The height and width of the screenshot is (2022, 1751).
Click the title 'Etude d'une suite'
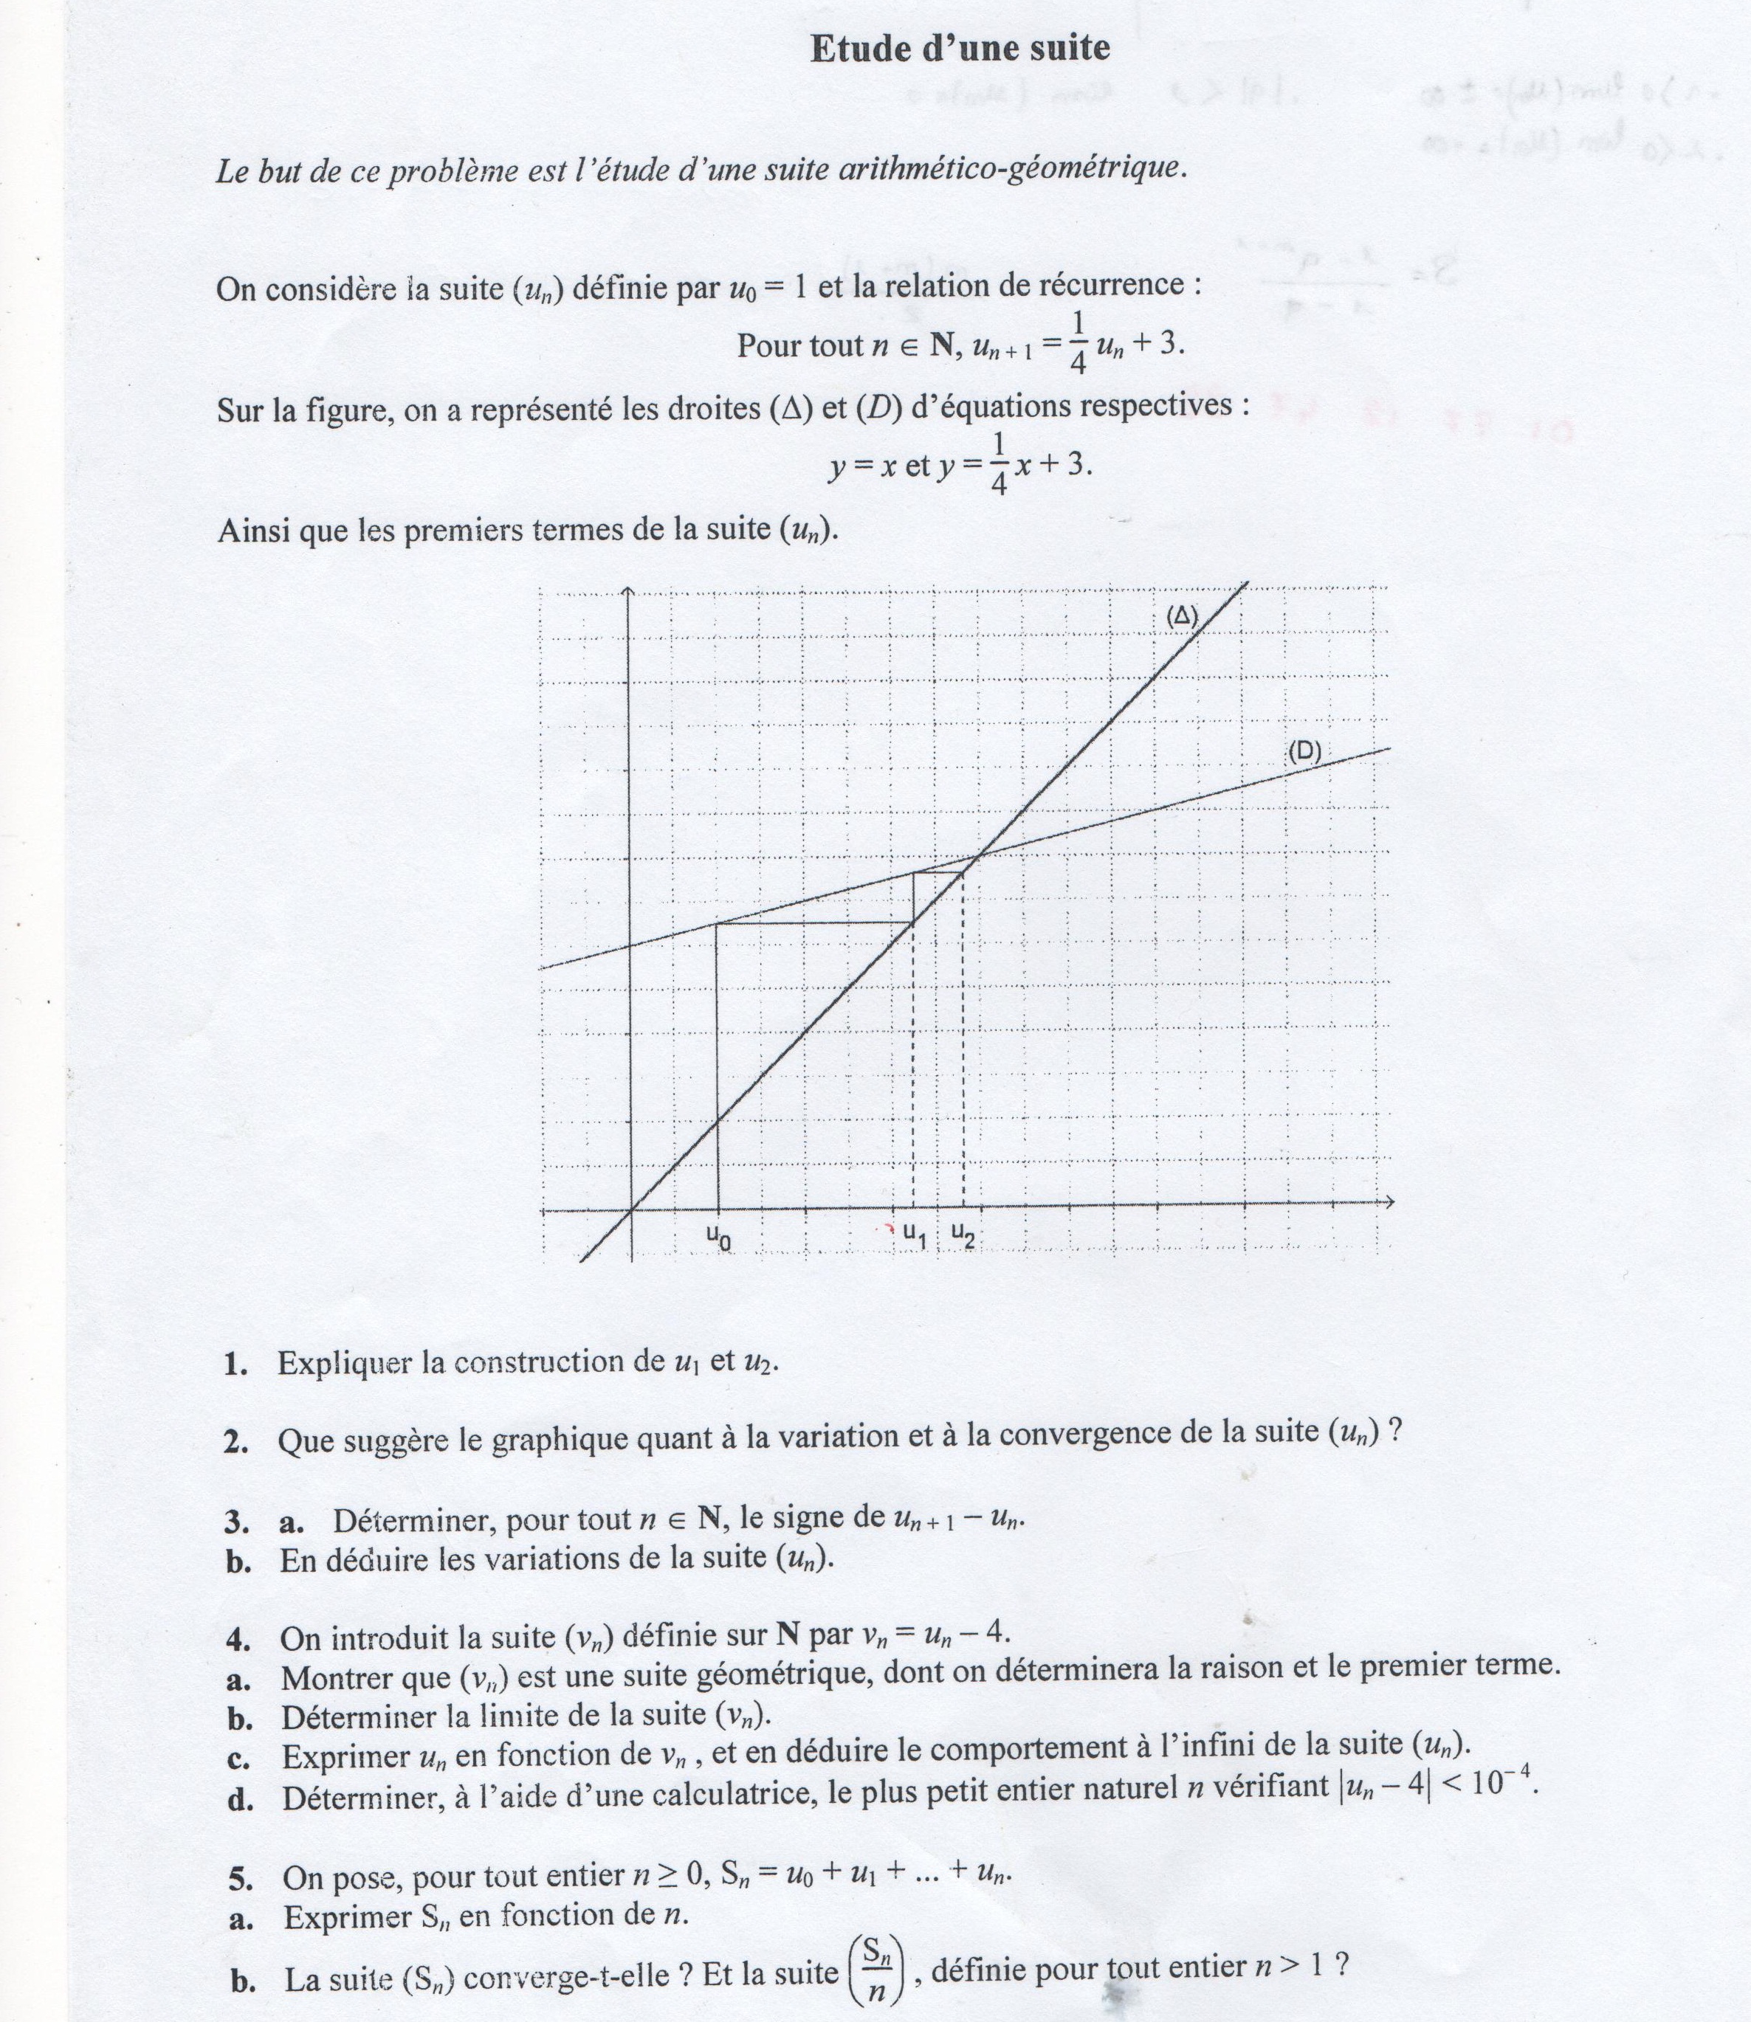[x=960, y=49]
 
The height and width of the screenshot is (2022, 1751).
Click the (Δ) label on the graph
[x=1181, y=616]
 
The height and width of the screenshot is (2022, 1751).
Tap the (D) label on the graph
[x=1304, y=751]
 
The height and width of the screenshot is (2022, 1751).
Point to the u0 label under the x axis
[x=719, y=1237]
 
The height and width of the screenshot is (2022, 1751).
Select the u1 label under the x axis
[x=914, y=1235]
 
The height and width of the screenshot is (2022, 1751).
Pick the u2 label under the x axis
[x=963, y=1235]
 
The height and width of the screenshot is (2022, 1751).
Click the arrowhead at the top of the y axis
[x=628, y=590]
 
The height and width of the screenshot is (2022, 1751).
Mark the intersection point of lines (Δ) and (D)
[x=978, y=856]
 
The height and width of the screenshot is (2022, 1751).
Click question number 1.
[x=235, y=1364]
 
